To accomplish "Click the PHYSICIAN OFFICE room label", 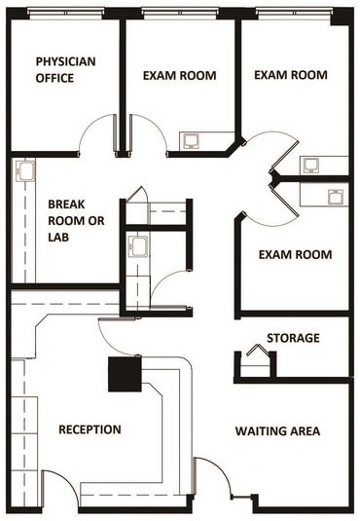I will (x=65, y=69).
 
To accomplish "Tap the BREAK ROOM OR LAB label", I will (x=76, y=220).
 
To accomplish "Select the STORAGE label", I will (x=293, y=338).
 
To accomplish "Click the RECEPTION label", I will (x=90, y=429).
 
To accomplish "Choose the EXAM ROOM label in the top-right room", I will (x=290, y=75).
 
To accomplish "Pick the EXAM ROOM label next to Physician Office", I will (x=179, y=76).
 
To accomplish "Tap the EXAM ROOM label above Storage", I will (x=295, y=255).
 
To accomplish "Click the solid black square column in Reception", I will (x=126, y=372).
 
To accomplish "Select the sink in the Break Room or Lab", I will (x=26, y=172).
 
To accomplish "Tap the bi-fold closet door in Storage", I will (x=256, y=355).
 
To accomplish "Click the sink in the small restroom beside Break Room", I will (x=137, y=244).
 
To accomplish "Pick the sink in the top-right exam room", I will (x=311, y=165).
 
